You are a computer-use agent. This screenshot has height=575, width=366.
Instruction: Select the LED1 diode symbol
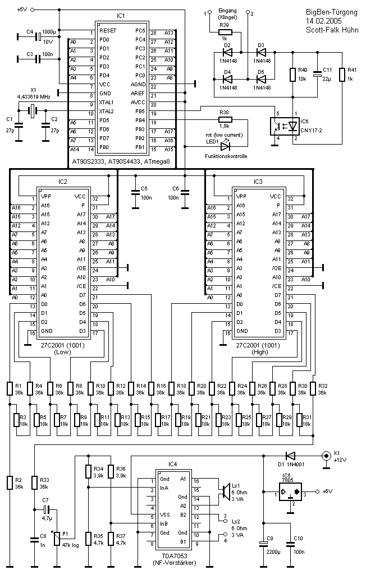(x=226, y=146)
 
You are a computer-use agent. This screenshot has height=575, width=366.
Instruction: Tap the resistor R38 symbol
(x=225, y=119)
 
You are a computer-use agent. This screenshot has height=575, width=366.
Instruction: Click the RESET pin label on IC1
(x=107, y=31)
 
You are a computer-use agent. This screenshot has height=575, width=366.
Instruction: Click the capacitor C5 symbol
(x=135, y=192)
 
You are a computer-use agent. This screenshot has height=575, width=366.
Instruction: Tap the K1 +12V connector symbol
(x=325, y=456)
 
